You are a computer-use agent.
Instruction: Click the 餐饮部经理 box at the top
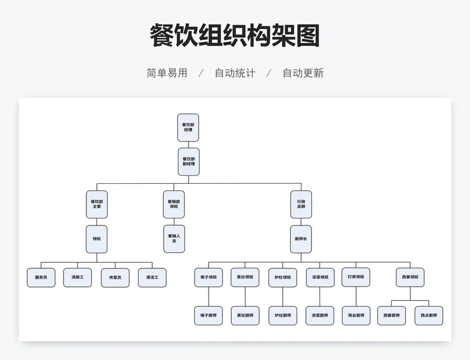(188, 127)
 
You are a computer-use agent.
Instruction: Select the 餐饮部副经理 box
(189, 162)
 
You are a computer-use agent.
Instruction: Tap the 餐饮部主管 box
(97, 204)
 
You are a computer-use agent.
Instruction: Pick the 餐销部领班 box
(173, 204)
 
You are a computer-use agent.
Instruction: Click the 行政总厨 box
(301, 204)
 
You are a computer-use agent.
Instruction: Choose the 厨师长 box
(301, 239)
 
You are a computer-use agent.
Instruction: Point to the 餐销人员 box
(173, 239)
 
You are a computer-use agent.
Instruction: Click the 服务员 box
(41, 277)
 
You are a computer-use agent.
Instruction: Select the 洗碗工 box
(78, 277)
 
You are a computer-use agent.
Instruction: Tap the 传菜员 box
(115, 277)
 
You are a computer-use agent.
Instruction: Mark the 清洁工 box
(152, 277)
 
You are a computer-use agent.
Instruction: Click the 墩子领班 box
(209, 277)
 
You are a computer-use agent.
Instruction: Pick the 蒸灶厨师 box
(245, 315)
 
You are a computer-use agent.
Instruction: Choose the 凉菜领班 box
(320, 277)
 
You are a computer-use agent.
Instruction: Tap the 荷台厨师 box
(356, 315)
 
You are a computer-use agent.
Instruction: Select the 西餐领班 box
(410, 277)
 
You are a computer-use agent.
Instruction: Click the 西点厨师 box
(429, 315)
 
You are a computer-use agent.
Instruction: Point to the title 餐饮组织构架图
(234, 36)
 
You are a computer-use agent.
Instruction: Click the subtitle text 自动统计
(234, 73)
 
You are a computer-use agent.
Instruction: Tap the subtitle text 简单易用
(167, 73)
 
